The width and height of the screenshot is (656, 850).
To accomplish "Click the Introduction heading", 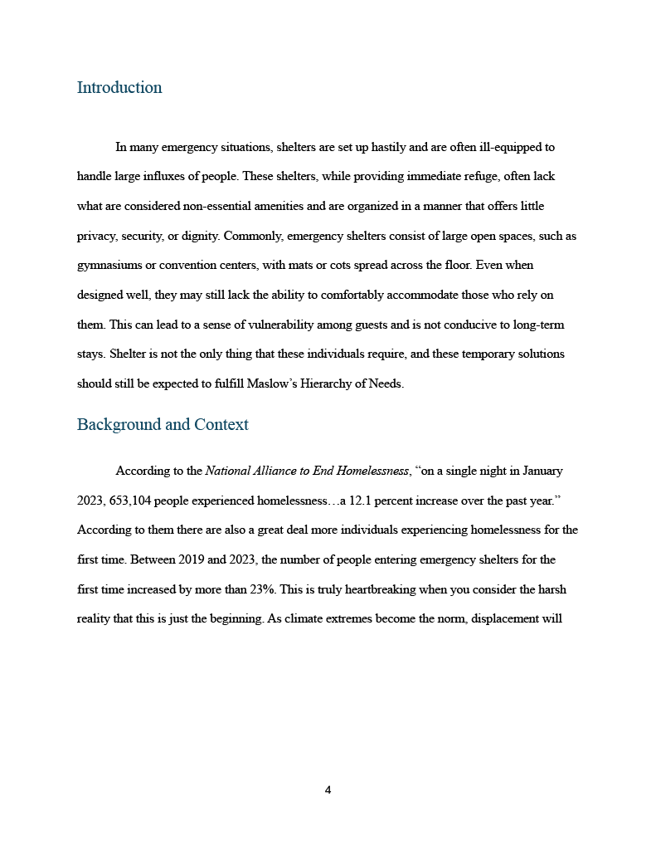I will [x=119, y=88].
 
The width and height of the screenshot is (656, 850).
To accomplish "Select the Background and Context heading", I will [x=163, y=425].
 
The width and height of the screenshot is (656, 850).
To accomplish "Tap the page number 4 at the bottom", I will [x=328, y=790].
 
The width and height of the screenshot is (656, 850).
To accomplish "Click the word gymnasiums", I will [x=109, y=266].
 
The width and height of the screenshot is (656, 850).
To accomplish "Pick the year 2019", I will [x=191, y=559].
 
